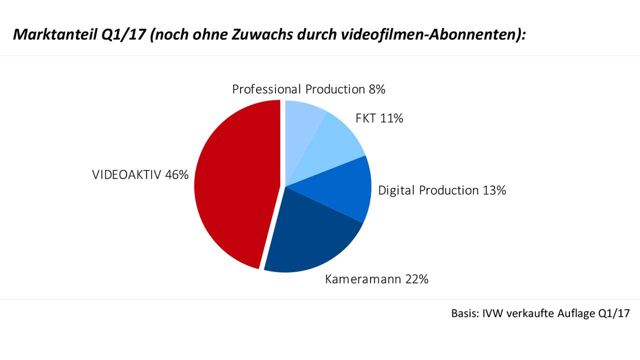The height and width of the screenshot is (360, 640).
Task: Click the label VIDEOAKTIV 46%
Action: pyautogui.click(x=140, y=175)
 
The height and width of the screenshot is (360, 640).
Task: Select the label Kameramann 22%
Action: pyautogui.click(x=376, y=279)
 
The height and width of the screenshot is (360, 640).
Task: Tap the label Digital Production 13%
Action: pyautogui.click(x=442, y=190)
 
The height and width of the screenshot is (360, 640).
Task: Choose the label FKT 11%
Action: pyautogui.click(x=379, y=118)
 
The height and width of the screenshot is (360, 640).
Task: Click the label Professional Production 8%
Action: pyautogui.click(x=308, y=89)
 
